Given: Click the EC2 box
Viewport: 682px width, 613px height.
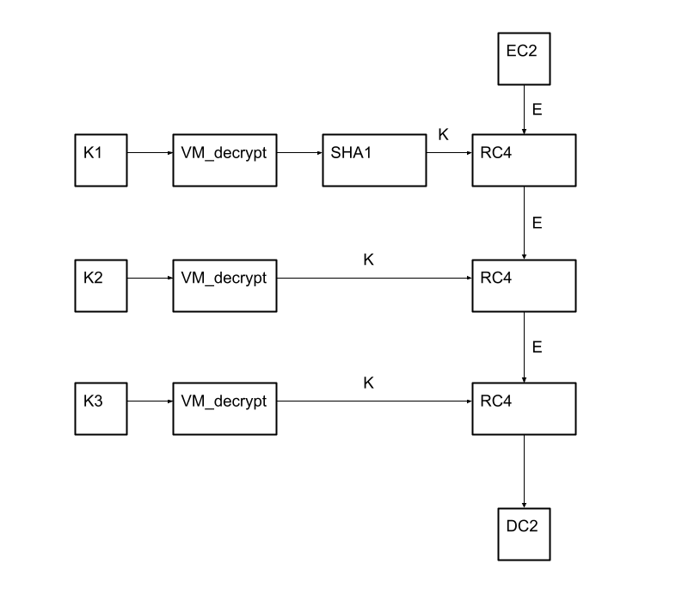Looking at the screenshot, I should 524,58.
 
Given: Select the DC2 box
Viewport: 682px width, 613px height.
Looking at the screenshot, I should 524,534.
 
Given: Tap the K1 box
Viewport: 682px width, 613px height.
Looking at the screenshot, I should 101,160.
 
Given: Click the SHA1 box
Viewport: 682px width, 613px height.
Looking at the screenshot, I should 374,160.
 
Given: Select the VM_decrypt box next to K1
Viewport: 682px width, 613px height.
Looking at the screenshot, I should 224,160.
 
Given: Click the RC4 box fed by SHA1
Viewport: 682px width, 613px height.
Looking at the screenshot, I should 524,160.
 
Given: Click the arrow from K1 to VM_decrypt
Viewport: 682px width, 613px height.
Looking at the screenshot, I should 150,153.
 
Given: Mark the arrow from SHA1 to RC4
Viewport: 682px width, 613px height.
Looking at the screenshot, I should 449,153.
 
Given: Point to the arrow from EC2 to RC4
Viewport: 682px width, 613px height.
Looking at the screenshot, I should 525,109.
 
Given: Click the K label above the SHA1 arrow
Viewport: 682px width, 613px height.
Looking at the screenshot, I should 443,135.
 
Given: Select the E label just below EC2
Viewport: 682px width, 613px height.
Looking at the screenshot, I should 538,110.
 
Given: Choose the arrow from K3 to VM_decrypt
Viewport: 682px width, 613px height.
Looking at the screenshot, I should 150,402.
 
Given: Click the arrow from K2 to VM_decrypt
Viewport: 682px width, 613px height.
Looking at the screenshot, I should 150,279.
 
